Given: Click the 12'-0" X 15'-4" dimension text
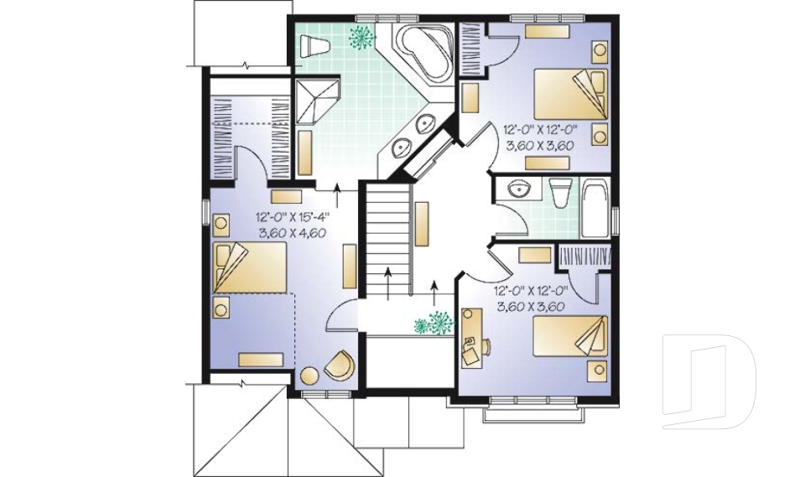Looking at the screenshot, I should (293, 216).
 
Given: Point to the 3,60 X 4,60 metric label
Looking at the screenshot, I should (293, 232).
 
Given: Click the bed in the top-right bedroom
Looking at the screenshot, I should (570, 92).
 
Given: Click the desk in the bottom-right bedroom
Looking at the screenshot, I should (471, 336).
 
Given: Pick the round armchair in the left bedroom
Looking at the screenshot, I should (340, 366).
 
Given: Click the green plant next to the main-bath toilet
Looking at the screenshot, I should (362, 36).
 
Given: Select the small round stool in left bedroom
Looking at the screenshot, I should (310, 376).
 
